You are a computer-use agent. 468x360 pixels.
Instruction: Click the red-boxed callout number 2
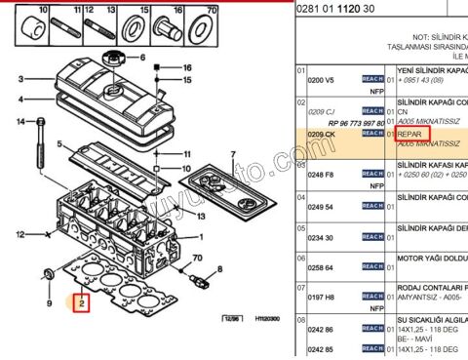point(82,302)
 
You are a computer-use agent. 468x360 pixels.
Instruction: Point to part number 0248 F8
point(322,175)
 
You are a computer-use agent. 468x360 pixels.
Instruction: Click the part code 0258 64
point(322,266)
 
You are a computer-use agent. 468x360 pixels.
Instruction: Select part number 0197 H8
point(322,297)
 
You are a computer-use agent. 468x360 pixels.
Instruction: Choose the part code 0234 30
point(322,237)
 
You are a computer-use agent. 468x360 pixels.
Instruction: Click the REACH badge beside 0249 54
point(372,207)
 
